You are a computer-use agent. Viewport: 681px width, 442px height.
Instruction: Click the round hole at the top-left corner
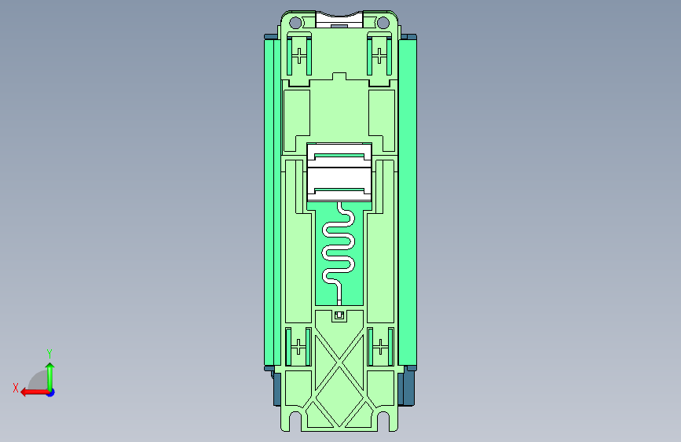pyautogui.click(x=295, y=23)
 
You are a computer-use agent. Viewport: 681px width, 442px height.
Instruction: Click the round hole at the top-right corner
pyautogui.click(x=383, y=23)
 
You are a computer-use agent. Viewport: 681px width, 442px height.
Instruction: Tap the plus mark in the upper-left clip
pyautogui.click(x=298, y=56)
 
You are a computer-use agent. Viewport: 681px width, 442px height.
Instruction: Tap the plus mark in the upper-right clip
pyautogui.click(x=379, y=56)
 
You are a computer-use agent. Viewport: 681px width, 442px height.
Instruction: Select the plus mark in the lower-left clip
pyautogui.click(x=298, y=347)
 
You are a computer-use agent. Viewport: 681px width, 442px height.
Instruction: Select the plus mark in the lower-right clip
pyautogui.click(x=380, y=347)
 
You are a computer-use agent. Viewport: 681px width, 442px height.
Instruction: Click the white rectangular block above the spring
pyautogui.click(x=339, y=172)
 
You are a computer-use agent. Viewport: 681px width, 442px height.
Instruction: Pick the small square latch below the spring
pyautogui.click(x=339, y=315)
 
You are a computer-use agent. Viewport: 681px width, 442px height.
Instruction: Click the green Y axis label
pyautogui.click(x=49, y=353)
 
